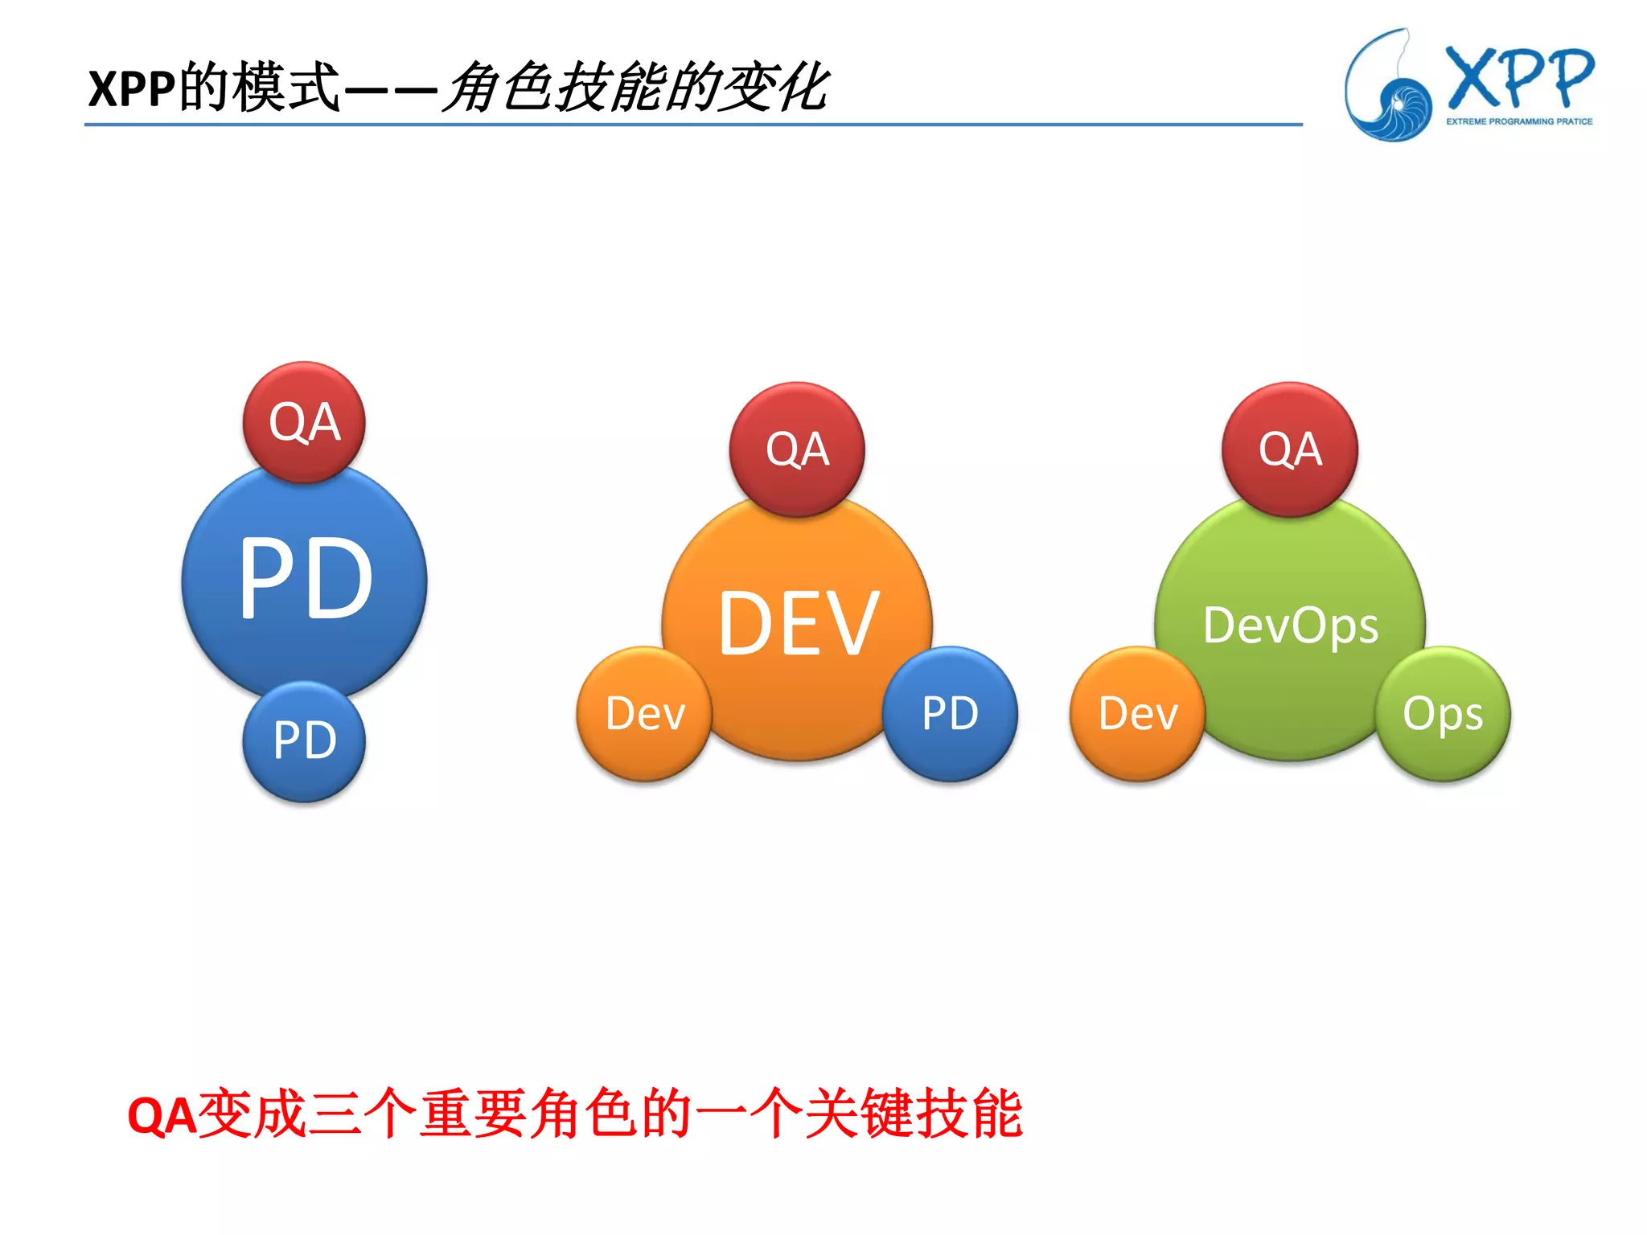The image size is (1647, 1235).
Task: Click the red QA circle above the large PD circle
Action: [304, 422]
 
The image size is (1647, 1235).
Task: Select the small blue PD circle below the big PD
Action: [304, 741]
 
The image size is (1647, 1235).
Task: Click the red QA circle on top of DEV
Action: [797, 449]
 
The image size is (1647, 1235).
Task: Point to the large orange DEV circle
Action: [797, 624]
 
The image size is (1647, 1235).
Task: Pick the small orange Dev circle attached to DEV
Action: [645, 714]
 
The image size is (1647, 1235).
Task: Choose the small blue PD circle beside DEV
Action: [950, 714]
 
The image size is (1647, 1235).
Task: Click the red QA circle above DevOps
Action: [1290, 449]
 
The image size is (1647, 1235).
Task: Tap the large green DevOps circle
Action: [1290, 626]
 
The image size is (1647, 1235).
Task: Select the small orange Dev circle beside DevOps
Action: [1138, 714]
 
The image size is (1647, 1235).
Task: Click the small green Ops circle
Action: [1443, 714]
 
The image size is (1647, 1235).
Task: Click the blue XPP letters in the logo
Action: [1520, 79]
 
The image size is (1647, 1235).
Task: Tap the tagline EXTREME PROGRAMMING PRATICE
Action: [1519, 121]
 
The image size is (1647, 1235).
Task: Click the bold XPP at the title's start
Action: [132, 88]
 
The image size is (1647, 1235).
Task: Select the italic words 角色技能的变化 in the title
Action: [635, 87]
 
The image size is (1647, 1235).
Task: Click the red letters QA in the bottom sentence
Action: [162, 1116]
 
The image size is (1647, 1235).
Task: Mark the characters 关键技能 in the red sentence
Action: [914, 1114]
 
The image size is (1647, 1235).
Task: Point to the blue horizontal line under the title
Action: [692, 125]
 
